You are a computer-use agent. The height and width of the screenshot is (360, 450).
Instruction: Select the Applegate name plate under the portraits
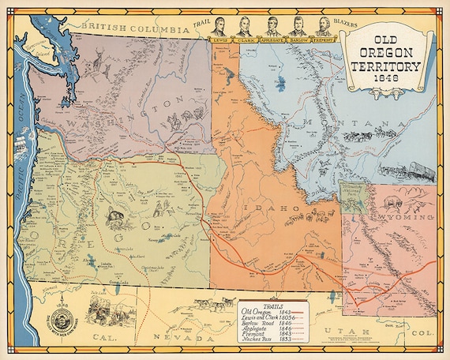coord(272,38)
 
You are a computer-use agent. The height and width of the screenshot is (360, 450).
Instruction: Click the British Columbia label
coord(118,26)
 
